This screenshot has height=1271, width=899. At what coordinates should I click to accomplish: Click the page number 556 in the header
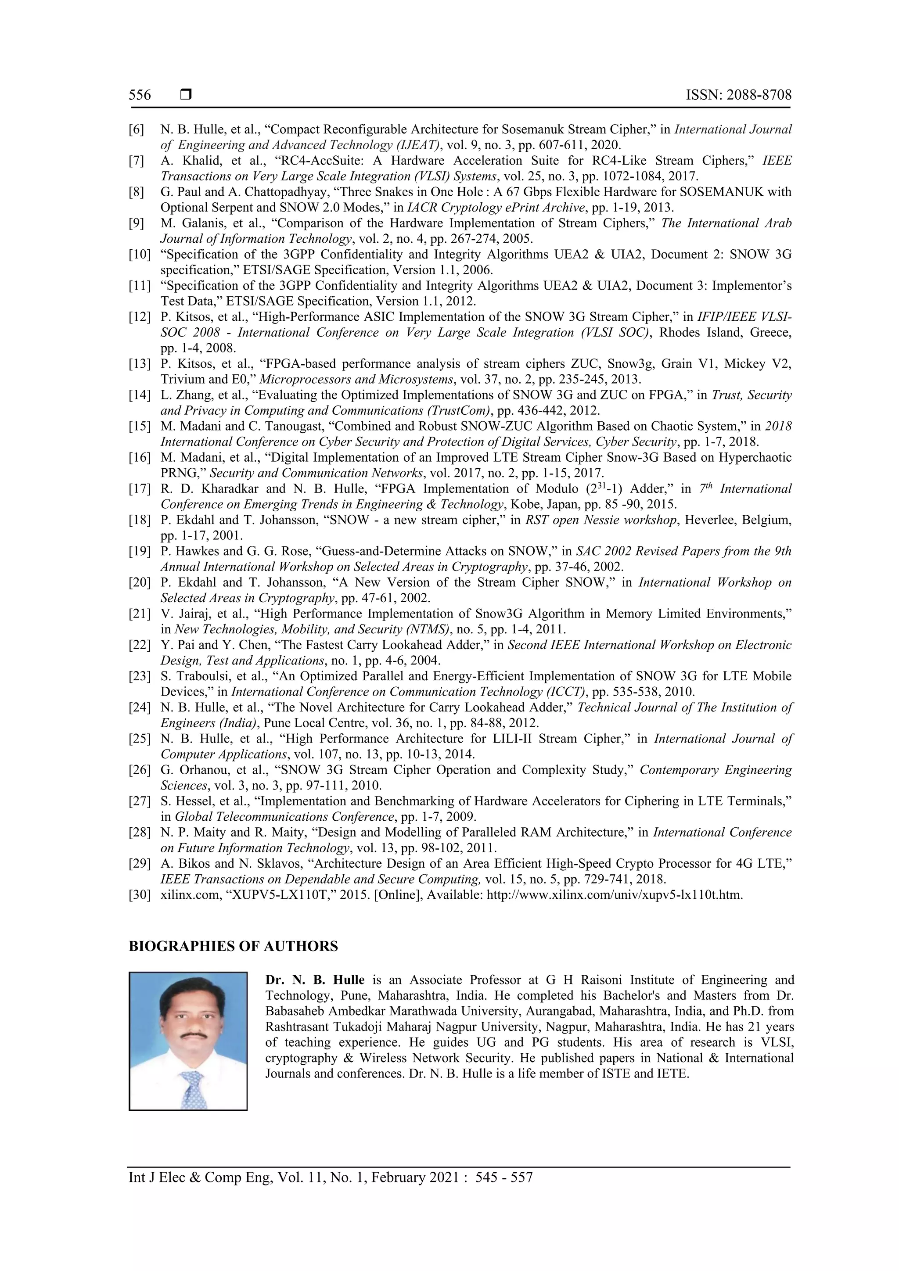click(x=140, y=95)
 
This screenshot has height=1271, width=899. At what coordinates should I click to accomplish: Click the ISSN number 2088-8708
click(x=759, y=95)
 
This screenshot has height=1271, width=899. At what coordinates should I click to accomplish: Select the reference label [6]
click(x=136, y=130)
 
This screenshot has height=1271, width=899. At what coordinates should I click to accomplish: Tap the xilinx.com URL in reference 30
click(x=614, y=895)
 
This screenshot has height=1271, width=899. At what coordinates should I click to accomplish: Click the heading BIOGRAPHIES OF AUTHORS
click(x=233, y=947)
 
